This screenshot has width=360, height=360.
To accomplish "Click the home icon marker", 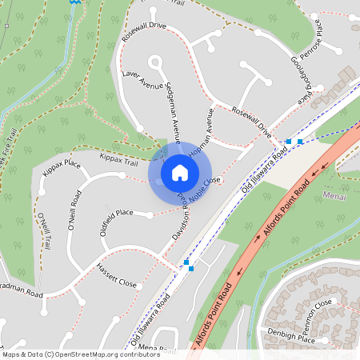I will pyautogui.click(x=180, y=172).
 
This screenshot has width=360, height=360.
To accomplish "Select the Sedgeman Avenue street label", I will pyautogui.click(x=173, y=112).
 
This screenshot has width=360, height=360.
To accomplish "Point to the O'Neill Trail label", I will pyautogui.click(x=43, y=232).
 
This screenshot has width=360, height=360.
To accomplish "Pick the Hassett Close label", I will pyautogui.click(x=117, y=277).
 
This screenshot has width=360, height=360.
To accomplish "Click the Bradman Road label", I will pyautogui.click(x=22, y=292).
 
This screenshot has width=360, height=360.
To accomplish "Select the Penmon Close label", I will pyautogui.click(x=312, y=306).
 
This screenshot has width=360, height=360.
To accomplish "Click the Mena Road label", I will pyautogui.click(x=157, y=350).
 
